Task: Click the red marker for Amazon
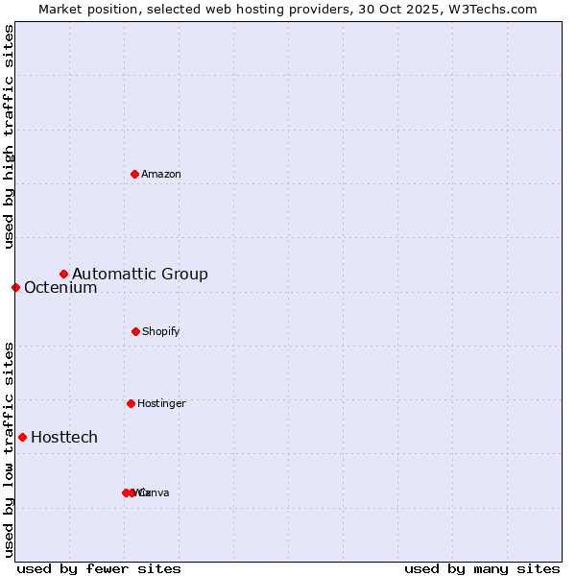click(x=134, y=174)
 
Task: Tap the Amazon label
click(x=161, y=174)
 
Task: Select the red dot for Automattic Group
click(x=63, y=274)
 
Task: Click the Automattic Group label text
click(x=140, y=275)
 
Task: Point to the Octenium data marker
click(x=15, y=287)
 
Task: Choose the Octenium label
click(x=60, y=288)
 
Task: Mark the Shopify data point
click(x=135, y=331)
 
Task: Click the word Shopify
click(x=161, y=331)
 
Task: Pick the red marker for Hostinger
click(x=131, y=403)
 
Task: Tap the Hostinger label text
click(x=161, y=403)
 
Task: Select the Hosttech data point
click(x=22, y=437)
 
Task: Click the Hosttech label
click(x=64, y=438)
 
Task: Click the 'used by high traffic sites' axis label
click(x=9, y=136)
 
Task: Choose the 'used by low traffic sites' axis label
click(x=9, y=449)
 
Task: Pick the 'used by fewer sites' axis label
click(x=99, y=568)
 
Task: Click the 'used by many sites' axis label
click(x=482, y=568)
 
